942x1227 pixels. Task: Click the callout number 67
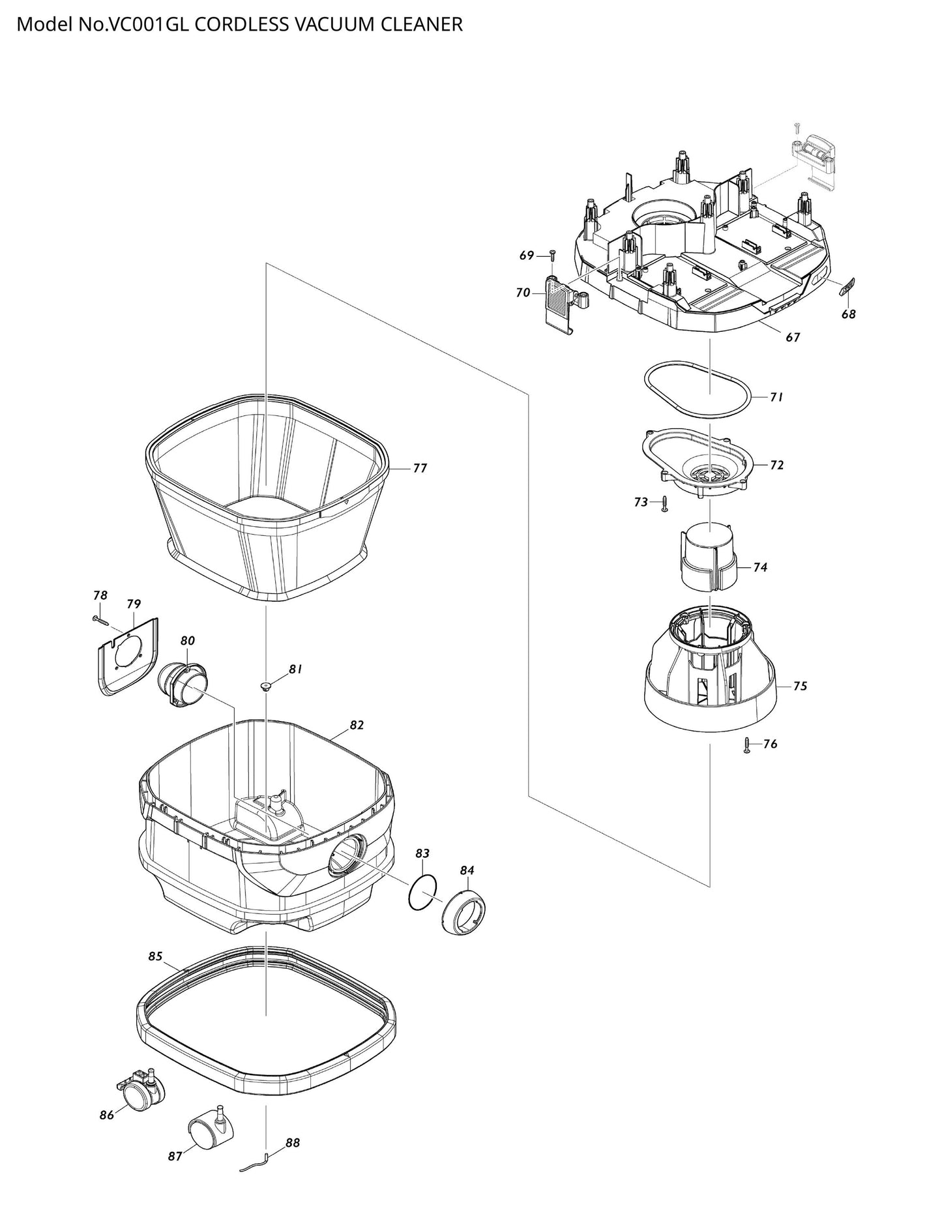pos(792,337)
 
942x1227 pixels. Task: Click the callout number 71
pos(776,396)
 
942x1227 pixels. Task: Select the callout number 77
pos(420,468)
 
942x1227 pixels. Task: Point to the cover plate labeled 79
pos(128,655)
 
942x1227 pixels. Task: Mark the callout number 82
pos(357,725)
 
